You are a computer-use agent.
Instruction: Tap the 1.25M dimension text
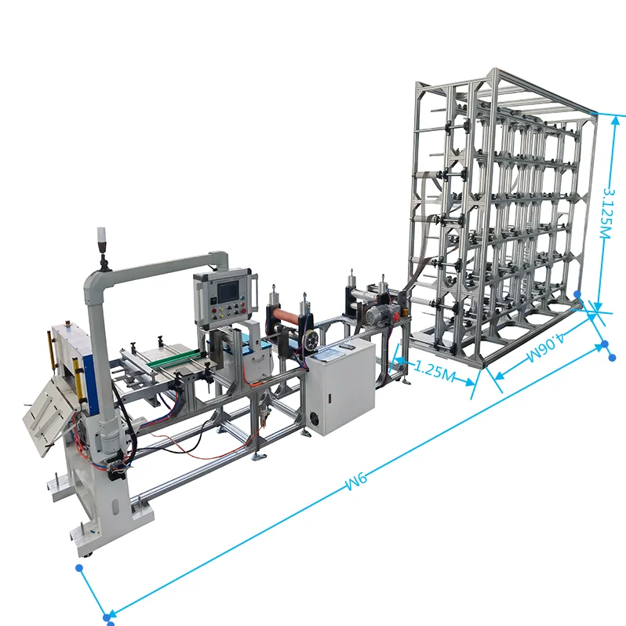(434, 369)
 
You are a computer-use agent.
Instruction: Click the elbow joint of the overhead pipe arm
(220, 258)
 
